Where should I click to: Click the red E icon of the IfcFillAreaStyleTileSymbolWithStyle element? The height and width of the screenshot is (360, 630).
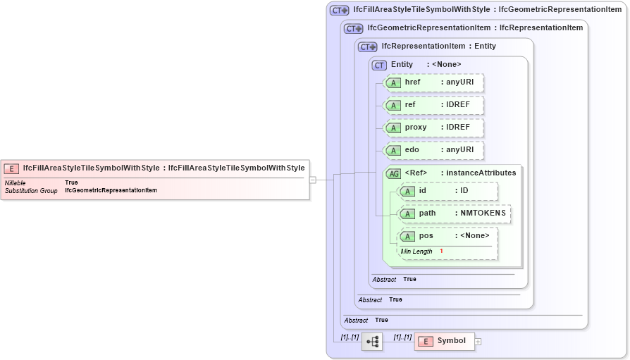click(11, 168)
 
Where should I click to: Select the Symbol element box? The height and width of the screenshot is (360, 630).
click(444, 341)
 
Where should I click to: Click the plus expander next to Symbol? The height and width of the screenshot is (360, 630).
click(478, 342)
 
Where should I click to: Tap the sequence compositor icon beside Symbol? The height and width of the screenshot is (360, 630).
click(372, 342)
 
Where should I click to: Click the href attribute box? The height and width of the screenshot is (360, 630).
click(433, 82)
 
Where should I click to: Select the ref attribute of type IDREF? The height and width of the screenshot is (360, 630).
click(433, 105)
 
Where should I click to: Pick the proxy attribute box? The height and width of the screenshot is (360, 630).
click(433, 128)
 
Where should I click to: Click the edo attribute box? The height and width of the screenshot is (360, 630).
click(433, 150)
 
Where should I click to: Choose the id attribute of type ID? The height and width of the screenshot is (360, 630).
click(447, 191)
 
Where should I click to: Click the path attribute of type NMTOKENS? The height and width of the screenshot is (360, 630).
click(455, 213)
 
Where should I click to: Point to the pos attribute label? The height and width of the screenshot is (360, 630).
click(426, 236)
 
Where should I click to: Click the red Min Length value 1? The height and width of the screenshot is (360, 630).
click(441, 252)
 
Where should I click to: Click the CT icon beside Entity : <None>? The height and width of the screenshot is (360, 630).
click(380, 65)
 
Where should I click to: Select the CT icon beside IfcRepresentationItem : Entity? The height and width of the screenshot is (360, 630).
click(367, 46)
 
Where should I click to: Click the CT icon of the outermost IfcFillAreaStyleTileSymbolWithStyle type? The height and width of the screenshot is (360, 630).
click(340, 11)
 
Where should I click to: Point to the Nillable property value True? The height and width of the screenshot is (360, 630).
click(71, 182)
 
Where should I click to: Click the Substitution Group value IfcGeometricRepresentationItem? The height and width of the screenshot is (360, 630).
click(111, 190)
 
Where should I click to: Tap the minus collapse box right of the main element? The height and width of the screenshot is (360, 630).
click(313, 180)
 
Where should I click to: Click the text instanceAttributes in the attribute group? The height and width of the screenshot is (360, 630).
click(481, 173)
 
